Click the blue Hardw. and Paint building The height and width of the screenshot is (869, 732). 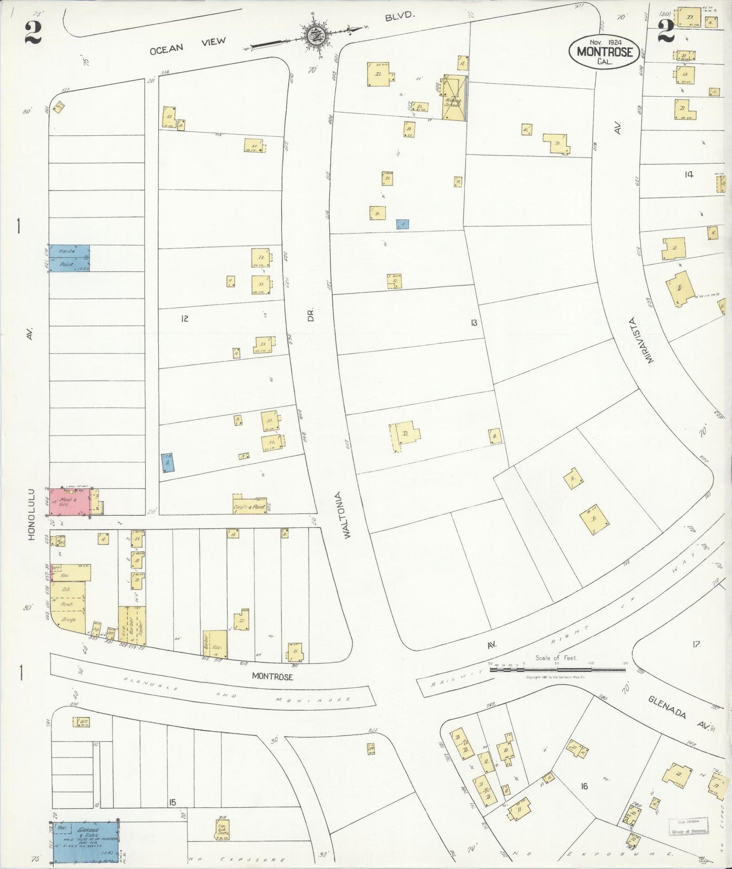(69, 258)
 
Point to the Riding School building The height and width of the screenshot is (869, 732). (454, 98)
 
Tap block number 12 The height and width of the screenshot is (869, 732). (184, 318)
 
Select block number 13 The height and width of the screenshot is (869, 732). (473, 322)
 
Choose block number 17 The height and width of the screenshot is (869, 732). (696, 644)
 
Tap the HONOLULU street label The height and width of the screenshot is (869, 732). (31, 514)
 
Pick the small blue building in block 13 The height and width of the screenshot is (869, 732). (402, 224)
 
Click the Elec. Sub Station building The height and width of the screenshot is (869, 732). (222, 828)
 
